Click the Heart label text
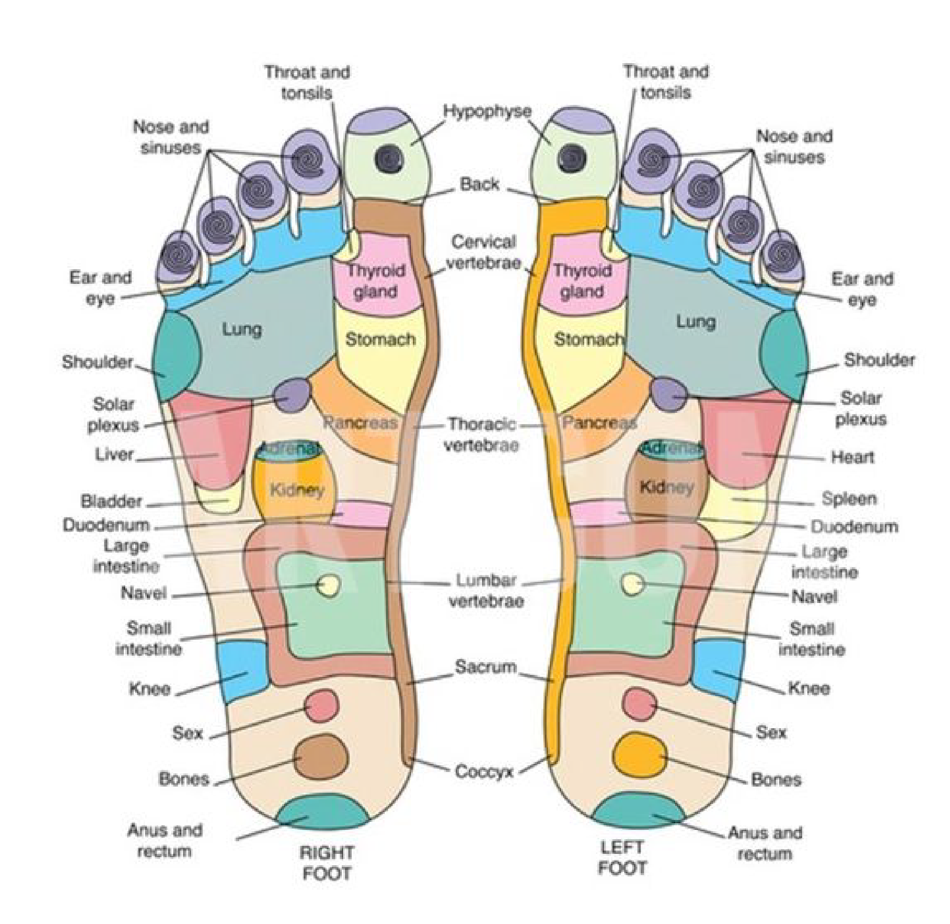pyautogui.click(x=853, y=457)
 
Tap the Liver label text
pyautogui.click(x=114, y=455)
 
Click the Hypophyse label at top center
pyautogui.click(x=487, y=112)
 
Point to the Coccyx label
pyautogui.click(x=483, y=771)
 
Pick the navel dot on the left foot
pyautogui.click(x=632, y=584)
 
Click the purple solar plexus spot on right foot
pyautogui.click(x=292, y=395)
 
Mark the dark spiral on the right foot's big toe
pyautogui.click(x=388, y=157)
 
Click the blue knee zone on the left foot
pyautogui.click(x=717, y=670)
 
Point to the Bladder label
pyautogui.click(x=111, y=501)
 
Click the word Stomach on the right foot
pyautogui.click(x=380, y=339)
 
